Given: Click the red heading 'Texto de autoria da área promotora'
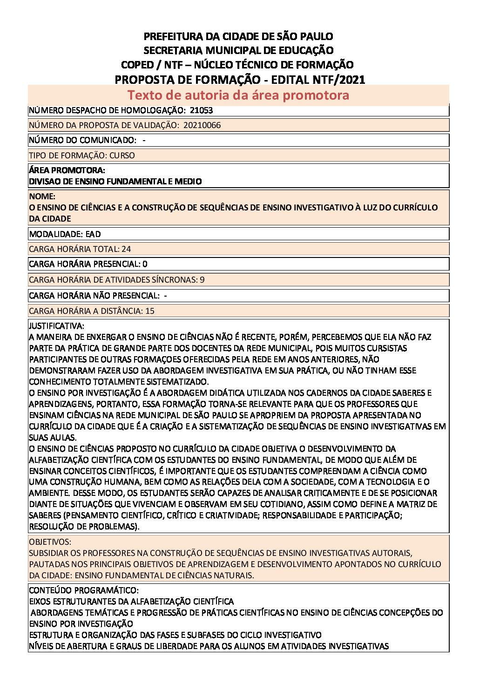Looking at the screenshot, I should click(238, 95).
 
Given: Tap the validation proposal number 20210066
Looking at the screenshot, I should click(202, 125).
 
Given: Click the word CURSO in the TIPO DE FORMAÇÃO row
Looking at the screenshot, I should click(122, 156).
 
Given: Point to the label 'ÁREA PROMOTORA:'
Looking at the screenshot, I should click(67, 170).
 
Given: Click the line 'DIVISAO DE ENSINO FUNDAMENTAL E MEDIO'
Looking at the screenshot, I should click(115, 182).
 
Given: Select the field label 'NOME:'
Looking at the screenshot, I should click(42, 196).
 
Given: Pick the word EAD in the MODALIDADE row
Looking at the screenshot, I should click(93, 234).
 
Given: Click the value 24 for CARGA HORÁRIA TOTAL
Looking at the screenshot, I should click(126, 249).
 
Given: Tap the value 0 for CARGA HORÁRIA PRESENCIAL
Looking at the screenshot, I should click(145, 264).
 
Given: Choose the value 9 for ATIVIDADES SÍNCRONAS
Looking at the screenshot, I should click(202, 280).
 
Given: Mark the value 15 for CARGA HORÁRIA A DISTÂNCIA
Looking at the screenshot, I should click(149, 311).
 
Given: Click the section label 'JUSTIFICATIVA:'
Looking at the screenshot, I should click(56, 326).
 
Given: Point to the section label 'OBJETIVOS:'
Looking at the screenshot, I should click(50, 542).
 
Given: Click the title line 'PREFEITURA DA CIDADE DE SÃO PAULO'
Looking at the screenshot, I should click(238, 36).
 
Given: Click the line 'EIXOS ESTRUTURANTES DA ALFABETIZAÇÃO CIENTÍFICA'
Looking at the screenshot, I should click(131, 602).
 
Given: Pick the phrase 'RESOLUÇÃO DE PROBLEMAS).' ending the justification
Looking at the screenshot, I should click(84, 527).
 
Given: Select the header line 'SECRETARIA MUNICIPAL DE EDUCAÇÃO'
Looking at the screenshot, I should click(238, 50).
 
